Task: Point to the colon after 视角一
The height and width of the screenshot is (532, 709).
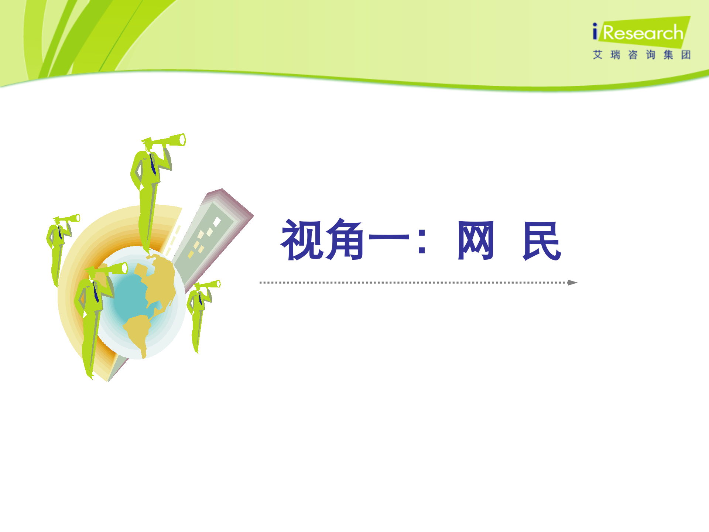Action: click(x=422, y=241)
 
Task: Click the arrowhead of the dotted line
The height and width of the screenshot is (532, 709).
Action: click(x=572, y=283)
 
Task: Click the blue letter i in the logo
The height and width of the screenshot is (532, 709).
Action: click(x=595, y=32)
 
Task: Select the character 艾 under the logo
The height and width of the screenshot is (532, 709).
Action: click(x=597, y=55)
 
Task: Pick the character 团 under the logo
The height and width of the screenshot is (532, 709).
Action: click(x=686, y=55)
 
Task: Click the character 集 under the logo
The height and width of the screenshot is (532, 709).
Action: click(x=668, y=55)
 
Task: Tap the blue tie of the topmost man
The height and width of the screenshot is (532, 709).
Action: click(x=153, y=165)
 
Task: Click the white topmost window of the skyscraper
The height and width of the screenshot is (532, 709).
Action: click(x=217, y=222)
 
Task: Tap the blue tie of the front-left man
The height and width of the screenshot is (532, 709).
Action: click(x=96, y=292)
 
